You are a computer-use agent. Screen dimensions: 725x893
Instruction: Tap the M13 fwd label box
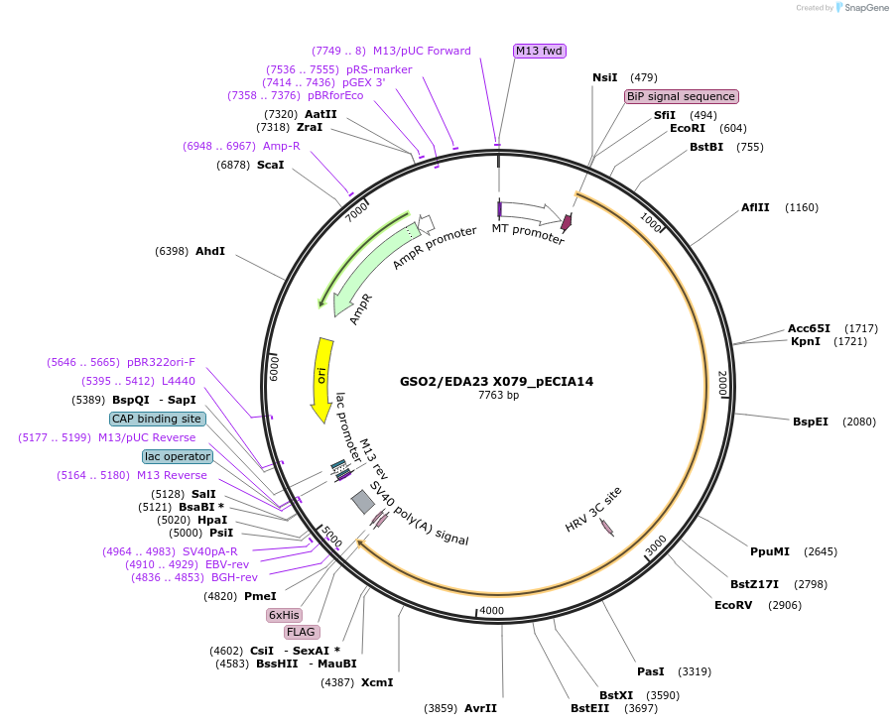point(540,51)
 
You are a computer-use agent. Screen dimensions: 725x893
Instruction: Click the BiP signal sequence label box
point(681,96)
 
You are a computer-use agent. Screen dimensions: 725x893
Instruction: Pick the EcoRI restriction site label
point(688,128)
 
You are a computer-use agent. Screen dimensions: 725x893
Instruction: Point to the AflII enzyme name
point(755,207)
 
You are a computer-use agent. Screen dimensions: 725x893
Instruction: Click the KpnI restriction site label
point(805,341)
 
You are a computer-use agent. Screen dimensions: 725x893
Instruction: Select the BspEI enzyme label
point(810,422)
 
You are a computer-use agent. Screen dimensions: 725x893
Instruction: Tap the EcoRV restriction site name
point(733,605)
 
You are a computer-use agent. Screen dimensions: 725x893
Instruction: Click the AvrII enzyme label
point(480,708)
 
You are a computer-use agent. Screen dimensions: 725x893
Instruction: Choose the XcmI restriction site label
point(377,682)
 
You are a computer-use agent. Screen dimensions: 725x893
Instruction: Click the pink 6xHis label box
point(284,615)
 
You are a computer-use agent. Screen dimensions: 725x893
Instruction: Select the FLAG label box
point(302,632)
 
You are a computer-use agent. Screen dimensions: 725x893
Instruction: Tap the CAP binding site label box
point(158,419)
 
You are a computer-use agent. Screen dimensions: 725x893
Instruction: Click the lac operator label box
point(178,456)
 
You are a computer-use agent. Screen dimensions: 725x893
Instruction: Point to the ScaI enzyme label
point(271,165)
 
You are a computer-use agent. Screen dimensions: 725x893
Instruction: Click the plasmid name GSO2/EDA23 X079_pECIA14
point(496,381)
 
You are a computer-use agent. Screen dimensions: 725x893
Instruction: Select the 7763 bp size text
point(498,395)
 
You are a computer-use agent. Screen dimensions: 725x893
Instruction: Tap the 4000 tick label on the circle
point(491,611)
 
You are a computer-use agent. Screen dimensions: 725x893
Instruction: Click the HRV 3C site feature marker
point(606,528)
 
